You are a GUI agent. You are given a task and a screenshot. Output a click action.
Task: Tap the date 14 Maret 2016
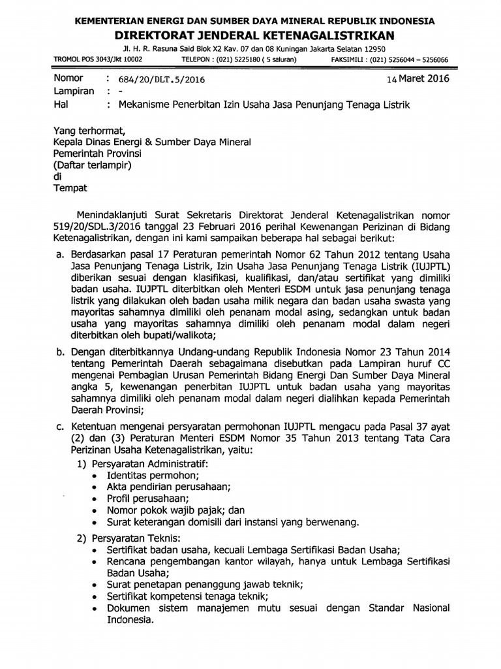pyautogui.click(x=421, y=78)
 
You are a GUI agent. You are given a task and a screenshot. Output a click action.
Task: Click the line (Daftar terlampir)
pyautogui.click(x=92, y=165)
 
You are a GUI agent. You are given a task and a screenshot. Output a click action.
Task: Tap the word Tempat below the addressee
pyautogui.click(x=70, y=188)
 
